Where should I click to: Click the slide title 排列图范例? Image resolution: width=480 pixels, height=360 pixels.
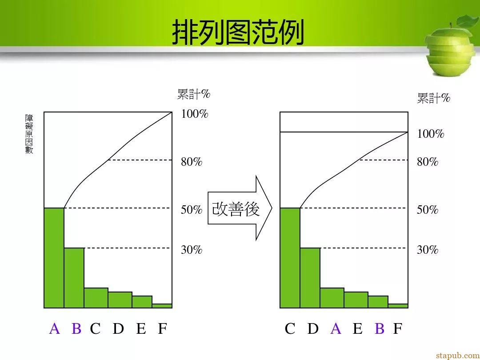click(x=238, y=32)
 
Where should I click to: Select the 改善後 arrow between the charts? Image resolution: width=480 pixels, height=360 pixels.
click(x=240, y=208)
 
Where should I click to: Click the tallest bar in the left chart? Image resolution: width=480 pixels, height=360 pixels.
click(x=54, y=258)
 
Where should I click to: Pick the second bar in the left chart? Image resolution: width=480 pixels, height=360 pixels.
click(x=74, y=278)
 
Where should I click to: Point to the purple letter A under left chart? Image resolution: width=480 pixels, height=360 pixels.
click(x=55, y=328)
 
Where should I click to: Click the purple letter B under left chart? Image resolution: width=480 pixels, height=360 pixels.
click(x=76, y=328)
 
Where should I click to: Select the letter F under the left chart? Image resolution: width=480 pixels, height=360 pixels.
click(x=162, y=328)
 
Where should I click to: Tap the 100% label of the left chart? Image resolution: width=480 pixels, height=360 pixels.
click(x=195, y=114)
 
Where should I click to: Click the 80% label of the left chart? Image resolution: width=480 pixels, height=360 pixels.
click(x=192, y=162)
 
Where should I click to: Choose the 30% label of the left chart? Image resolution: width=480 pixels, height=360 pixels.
click(x=192, y=250)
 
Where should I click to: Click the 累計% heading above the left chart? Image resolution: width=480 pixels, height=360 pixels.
click(x=194, y=94)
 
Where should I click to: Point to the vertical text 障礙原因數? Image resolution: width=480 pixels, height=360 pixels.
click(x=29, y=134)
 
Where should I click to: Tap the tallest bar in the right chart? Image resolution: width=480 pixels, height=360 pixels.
click(x=290, y=258)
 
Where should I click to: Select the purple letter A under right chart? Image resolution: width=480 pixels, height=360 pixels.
click(x=336, y=328)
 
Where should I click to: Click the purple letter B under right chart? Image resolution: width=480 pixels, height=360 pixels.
click(x=380, y=328)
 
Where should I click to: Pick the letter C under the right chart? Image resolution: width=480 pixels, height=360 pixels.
click(x=290, y=328)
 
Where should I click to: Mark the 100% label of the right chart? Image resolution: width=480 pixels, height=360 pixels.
click(x=430, y=134)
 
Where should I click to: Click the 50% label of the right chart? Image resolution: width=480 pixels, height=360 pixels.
click(x=428, y=210)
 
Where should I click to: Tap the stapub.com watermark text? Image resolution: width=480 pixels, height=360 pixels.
click(x=458, y=355)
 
